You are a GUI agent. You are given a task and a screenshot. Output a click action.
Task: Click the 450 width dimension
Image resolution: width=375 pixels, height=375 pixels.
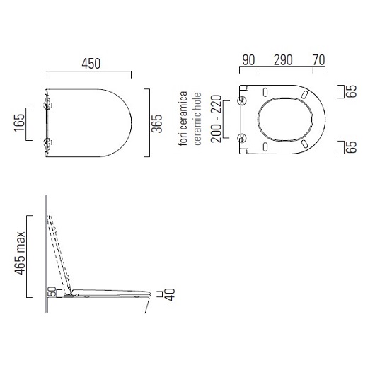tap(88, 64)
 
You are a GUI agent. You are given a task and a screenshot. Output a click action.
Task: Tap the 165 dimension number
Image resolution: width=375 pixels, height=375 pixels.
tap(15, 125)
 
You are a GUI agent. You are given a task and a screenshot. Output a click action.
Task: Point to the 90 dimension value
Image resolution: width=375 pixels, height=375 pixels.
tap(248, 60)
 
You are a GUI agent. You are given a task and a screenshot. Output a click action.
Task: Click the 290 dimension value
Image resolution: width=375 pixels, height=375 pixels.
tap(284, 60)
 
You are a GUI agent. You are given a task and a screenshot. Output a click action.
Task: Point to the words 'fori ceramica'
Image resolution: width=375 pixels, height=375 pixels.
tap(183, 118)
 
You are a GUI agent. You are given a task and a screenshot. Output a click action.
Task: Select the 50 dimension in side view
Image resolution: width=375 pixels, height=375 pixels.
tap(52, 291)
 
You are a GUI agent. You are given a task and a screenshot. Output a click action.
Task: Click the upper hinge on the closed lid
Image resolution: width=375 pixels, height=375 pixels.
tap(47, 104)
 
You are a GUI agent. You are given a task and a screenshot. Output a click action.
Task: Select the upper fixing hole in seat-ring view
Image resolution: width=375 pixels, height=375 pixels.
tap(243, 99)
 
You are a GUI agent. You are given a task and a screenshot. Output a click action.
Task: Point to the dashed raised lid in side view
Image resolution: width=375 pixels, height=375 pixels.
tap(60, 251)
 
